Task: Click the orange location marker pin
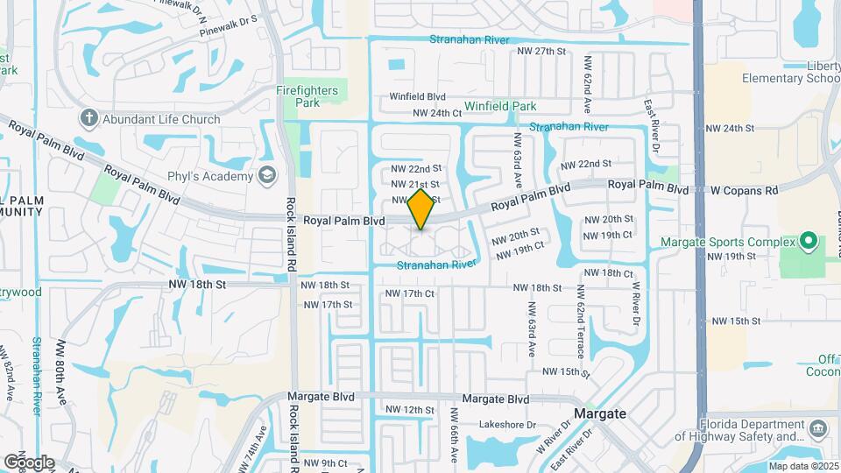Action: click(x=421, y=209)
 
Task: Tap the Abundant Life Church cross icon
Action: click(x=88, y=118)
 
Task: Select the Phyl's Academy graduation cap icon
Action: click(x=266, y=173)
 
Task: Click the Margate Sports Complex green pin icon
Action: click(x=809, y=241)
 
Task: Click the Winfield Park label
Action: click(x=500, y=106)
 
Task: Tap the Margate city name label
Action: click(x=599, y=413)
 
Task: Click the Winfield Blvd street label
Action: click(x=418, y=97)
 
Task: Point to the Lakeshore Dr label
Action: click(x=508, y=425)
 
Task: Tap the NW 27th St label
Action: click(x=543, y=52)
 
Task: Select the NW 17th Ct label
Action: click(x=409, y=293)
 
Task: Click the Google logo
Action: click(x=29, y=462)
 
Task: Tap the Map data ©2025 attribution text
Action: click(x=802, y=466)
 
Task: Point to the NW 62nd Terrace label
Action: click(x=580, y=321)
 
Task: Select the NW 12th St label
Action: click(x=409, y=410)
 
